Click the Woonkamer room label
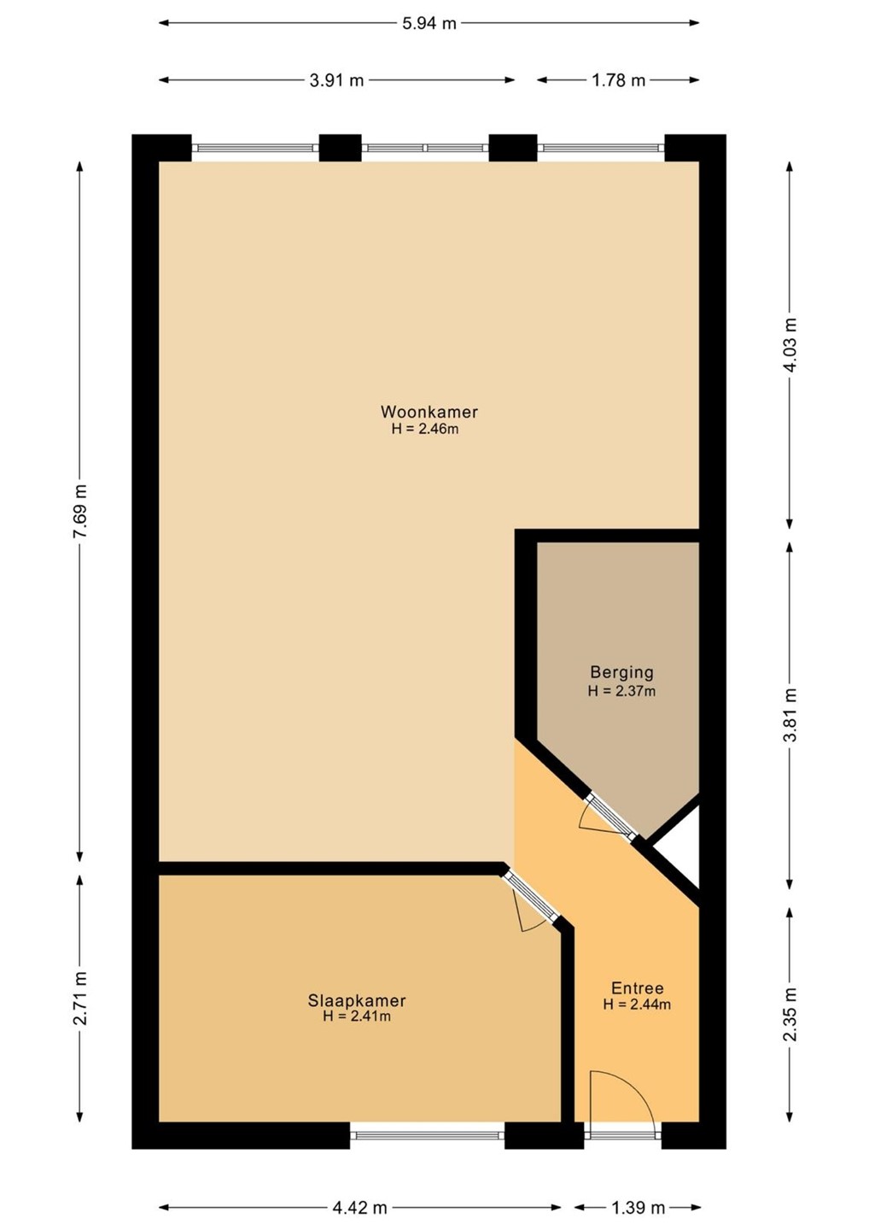pyautogui.click(x=429, y=412)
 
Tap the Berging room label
pyautogui.click(x=621, y=672)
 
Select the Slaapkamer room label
pyautogui.click(x=357, y=1000)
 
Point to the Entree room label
pyautogui.click(x=638, y=988)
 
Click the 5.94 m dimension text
pyautogui.click(x=429, y=23)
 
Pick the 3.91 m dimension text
pyautogui.click(x=336, y=80)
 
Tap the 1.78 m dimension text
pyautogui.click(x=618, y=80)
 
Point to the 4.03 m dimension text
pyautogui.click(x=790, y=345)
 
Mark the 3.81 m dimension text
pyautogui.click(x=790, y=714)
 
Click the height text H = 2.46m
pyautogui.click(x=424, y=430)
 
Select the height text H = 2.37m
pyautogui.click(x=621, y=691)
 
